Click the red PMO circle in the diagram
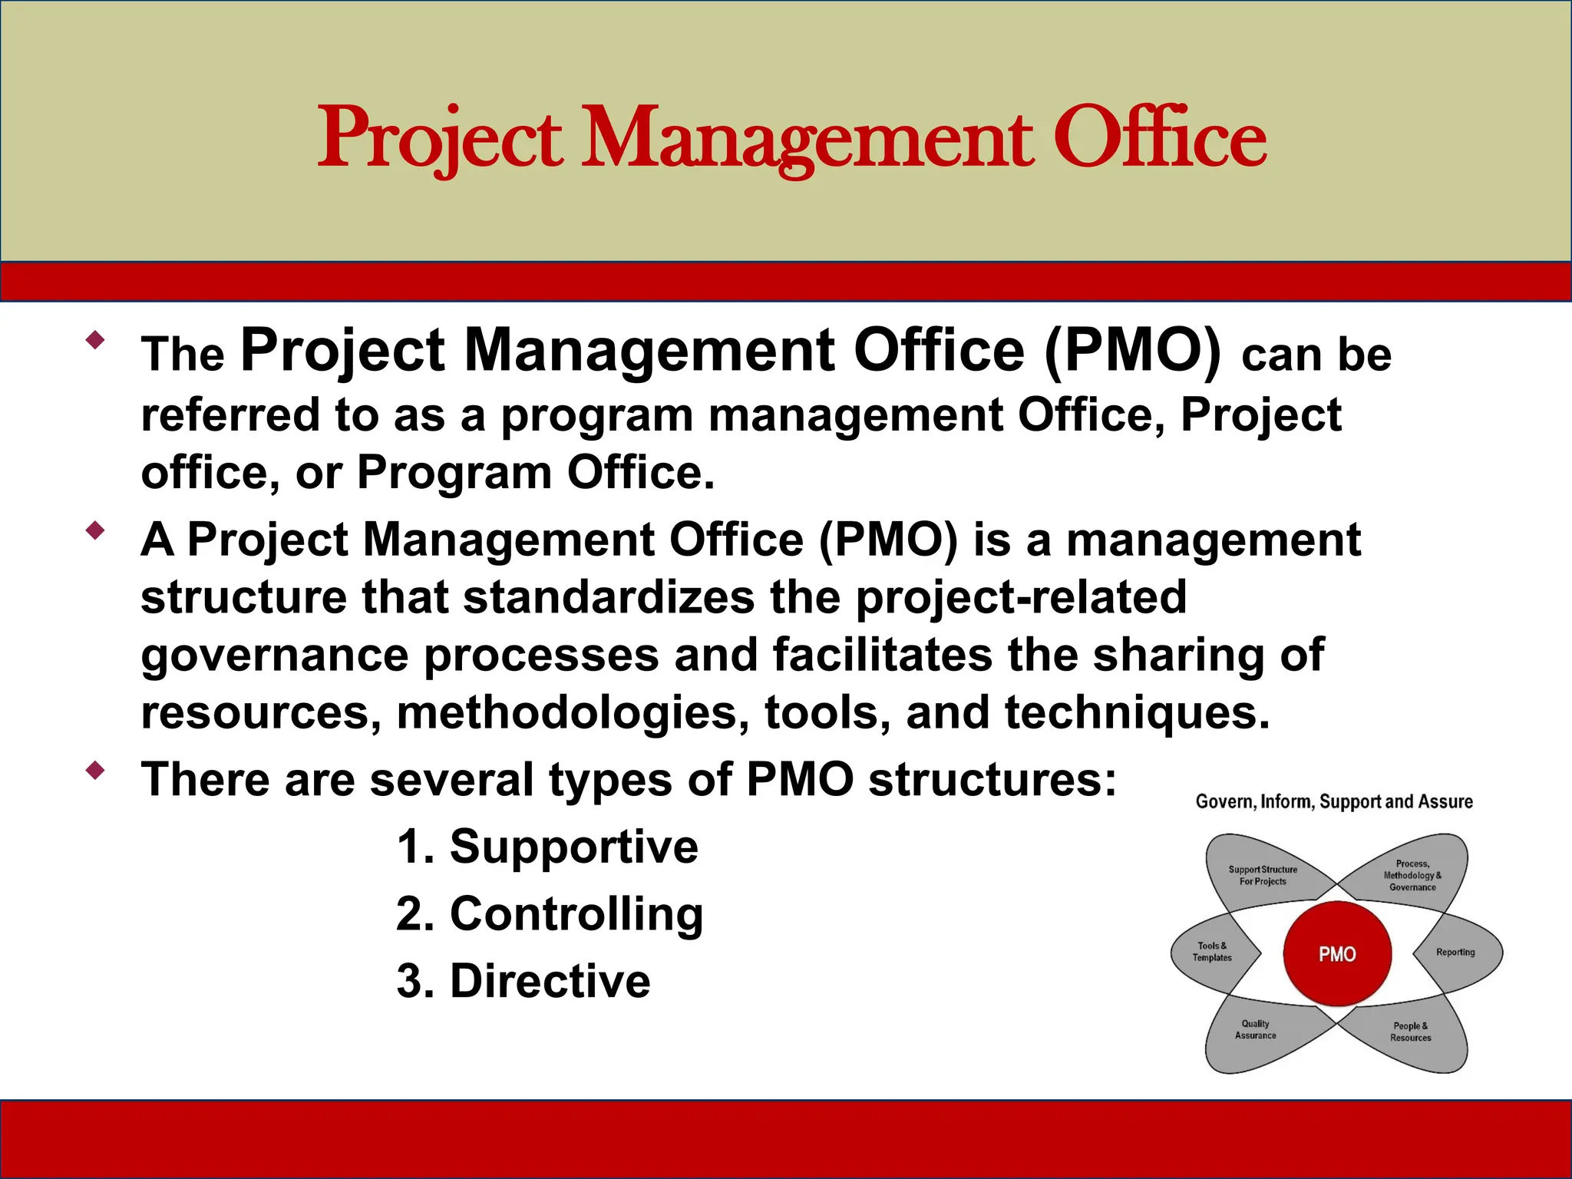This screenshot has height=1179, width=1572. [x=1337, y=954]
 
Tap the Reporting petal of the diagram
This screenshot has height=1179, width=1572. [x=1457, y=953]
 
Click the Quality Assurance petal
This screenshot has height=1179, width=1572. [x=1256, y=1030]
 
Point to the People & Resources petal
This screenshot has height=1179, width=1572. [x=1411, y=1032]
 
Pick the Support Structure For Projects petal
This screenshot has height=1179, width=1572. [x=1263, y=875]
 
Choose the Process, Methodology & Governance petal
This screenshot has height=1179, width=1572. [x=1412, y=875]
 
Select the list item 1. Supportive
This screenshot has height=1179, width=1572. [x=547, y=847]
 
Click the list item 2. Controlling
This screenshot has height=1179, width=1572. [x=550, y=914]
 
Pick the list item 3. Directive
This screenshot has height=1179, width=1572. [x=523, y=981]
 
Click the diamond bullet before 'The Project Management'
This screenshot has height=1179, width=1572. [x=95, y=340]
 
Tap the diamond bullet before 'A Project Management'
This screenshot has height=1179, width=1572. [x=95, y=530]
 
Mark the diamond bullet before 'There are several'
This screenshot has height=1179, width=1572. [x=95, y=771]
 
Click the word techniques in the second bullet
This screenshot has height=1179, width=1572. [x=1137, y=713]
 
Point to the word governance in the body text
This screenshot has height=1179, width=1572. [x=275, y=656]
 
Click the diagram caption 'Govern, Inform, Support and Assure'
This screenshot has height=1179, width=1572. [x=1334, y=802]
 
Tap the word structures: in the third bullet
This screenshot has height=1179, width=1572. [x=992, y=780]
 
